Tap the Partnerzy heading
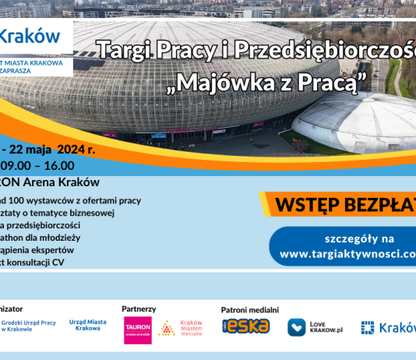139,309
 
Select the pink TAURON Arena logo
137,330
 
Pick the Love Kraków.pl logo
316,327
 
